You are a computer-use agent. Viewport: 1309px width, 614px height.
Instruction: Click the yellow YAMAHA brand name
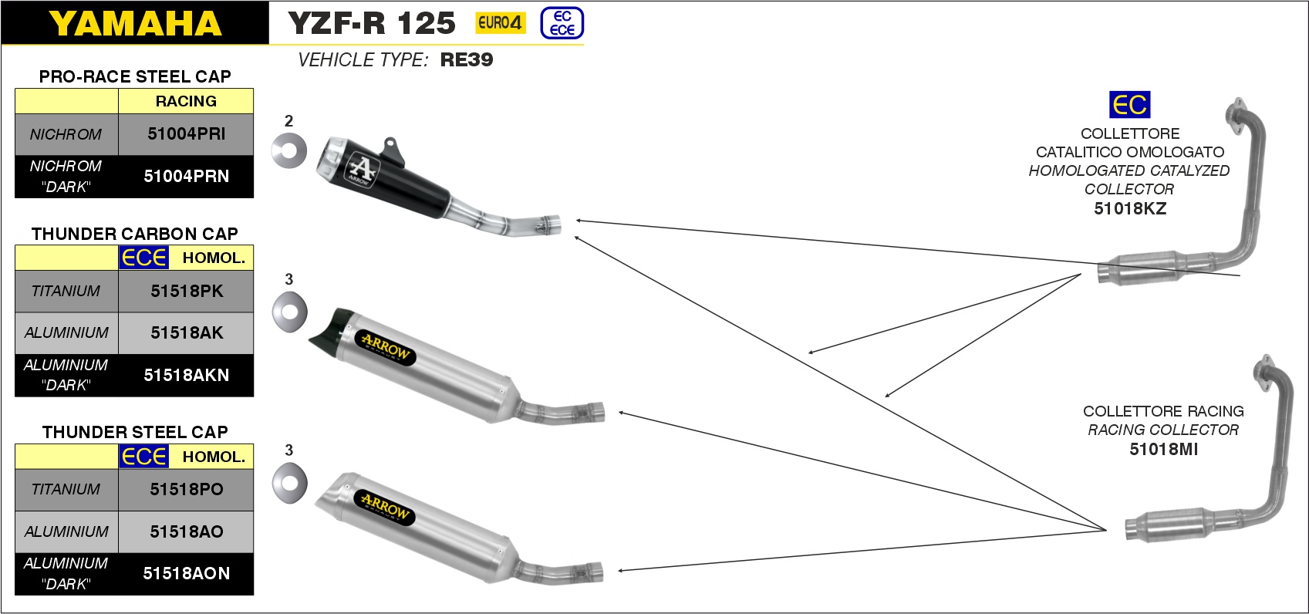pyautogui.click(x=135, y=24)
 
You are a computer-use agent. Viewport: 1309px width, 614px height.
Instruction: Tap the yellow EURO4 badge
pyautogui.click(x=500, y=23)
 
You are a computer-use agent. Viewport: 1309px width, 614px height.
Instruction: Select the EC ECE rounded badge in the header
pyautogui.click(x=562, y=23)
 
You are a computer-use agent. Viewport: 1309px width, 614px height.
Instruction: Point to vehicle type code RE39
pyautogui.click(x=467, y=59)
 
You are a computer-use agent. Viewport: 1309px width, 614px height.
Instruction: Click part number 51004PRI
pyautogui.click(x=186, y=134)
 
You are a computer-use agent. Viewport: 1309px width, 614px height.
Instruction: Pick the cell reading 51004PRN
pyautogui.click(x=186, y=177)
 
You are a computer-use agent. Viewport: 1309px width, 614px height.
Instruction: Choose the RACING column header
pyautogui.click(x=186, y=101)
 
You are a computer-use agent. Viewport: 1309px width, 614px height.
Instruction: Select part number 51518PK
pyautogui.click(x=187, y=291)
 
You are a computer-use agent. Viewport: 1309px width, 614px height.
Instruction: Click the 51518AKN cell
pyautogui.click(x=186, y=375)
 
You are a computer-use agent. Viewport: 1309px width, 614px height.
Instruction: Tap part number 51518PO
pyautogui.click(x=187, y=489)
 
